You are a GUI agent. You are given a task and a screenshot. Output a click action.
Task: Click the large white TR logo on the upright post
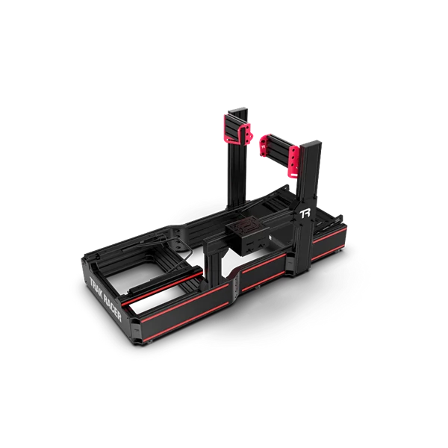305,214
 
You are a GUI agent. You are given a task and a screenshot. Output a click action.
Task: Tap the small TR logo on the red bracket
263,146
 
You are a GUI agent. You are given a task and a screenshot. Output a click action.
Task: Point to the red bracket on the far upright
237,128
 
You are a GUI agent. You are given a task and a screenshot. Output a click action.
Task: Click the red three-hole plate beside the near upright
293,162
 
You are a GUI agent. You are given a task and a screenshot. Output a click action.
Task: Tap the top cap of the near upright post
311,145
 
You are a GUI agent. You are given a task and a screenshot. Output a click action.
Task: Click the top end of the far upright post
237,111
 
